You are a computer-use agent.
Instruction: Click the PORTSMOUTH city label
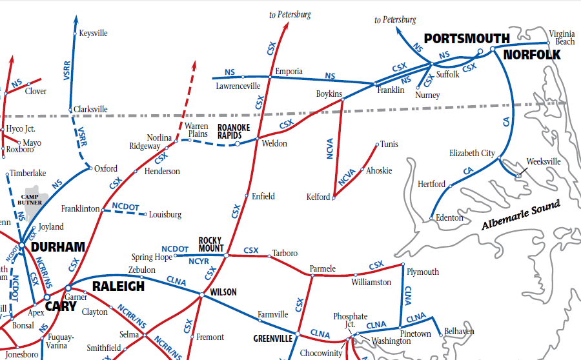point(467,38)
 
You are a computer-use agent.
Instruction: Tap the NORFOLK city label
point(532,55)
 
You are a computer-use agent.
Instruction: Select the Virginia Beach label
point(561,37)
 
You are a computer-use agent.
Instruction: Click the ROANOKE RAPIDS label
point(229,132)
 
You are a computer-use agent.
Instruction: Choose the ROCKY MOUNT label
point(211,245)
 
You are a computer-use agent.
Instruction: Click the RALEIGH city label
point(118,286)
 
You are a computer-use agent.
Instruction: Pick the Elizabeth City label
point(472,154)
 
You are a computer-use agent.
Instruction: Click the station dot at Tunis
point(377,145)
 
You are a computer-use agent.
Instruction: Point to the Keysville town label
point(93,34)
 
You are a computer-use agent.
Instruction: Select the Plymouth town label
point(423,272)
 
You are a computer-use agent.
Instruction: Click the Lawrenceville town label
point(238,86)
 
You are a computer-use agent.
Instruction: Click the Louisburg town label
point(165,215)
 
